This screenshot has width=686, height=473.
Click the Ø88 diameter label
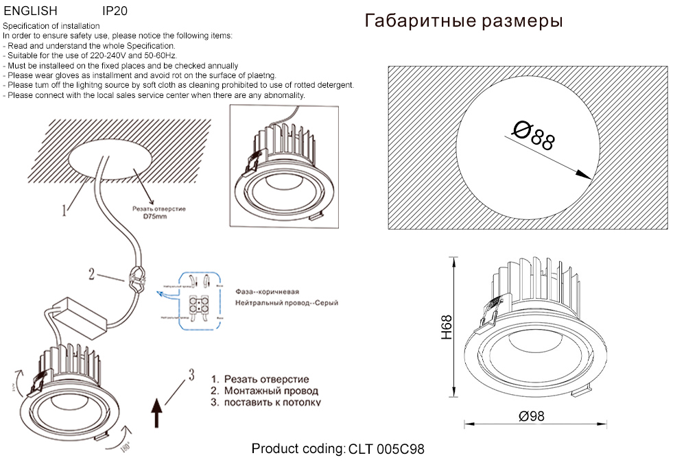534,135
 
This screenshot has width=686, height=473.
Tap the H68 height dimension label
447,328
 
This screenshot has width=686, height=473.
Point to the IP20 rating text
114,12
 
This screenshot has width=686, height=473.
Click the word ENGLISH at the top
31,12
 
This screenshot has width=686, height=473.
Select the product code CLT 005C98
387,450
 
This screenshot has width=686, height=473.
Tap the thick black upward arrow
157,414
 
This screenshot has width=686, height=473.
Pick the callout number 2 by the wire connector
91,274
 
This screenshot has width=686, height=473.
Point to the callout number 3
192,374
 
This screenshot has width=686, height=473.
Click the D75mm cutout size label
154,217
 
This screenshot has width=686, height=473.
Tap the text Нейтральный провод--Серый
286,302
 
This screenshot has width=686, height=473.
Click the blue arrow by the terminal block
165,295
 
